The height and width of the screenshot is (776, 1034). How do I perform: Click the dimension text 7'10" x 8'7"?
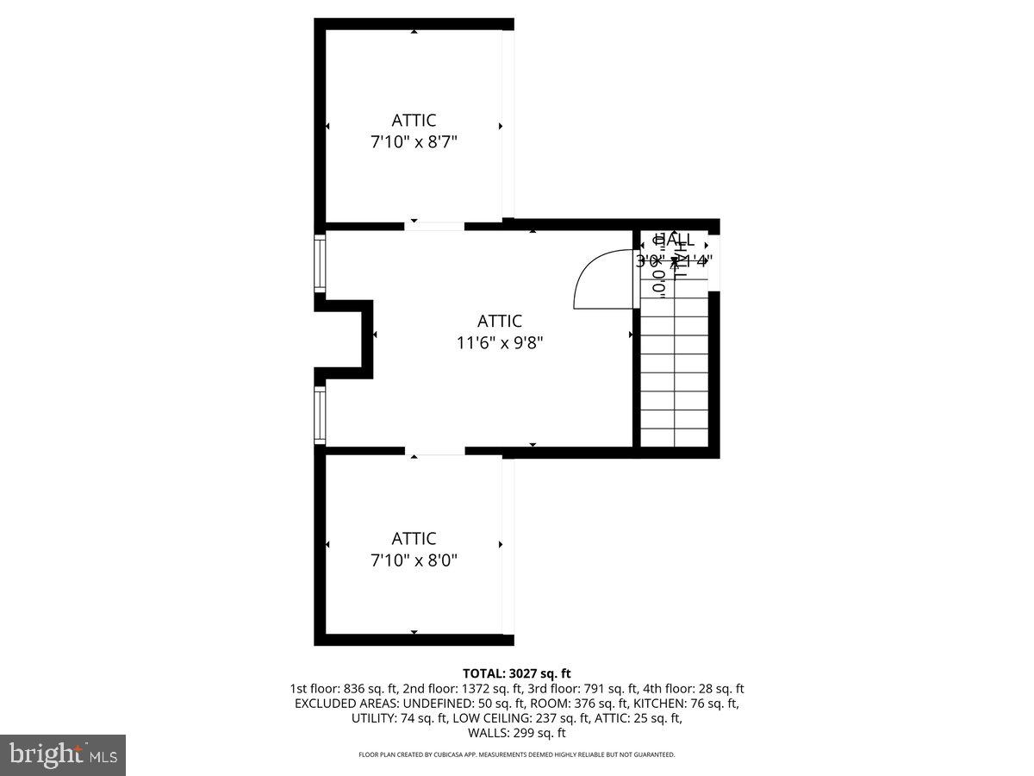point(414,142)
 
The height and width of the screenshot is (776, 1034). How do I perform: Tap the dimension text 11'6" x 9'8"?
point(500,342)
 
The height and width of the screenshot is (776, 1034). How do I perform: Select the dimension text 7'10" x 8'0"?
point(414,560)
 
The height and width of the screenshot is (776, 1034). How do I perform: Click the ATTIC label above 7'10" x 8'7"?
point(414,121)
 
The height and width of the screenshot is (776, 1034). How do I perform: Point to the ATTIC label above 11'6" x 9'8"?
point(500,321)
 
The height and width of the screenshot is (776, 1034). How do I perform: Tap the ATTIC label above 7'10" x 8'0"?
point(414,539)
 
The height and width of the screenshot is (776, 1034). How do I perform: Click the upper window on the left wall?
point(320,263)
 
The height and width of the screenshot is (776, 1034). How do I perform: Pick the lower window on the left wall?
point(320,416)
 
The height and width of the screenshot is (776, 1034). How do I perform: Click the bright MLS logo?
point(63,754)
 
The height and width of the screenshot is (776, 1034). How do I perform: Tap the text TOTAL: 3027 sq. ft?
point(517,673)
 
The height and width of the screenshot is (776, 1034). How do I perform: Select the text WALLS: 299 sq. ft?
point(517,734)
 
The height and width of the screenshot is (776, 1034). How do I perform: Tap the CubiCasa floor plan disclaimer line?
point(517,754)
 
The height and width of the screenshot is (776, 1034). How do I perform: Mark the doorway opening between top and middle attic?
point(434,226)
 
